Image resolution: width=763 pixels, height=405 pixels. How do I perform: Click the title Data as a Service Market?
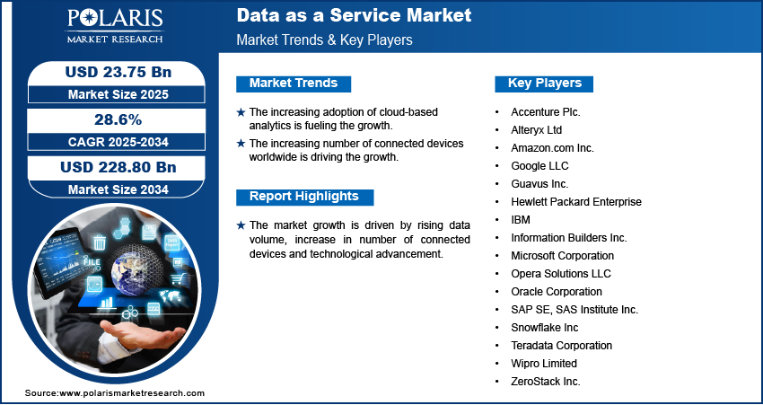point(354,16)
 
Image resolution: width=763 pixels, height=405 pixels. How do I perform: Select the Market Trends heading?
point(294,84)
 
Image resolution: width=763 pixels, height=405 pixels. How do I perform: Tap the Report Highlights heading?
point(304,197)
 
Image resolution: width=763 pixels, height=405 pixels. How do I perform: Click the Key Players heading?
point(545,84)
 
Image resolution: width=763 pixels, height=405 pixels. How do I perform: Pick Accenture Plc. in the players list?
point(546,112)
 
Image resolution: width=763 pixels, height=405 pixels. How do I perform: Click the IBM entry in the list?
point(521,220)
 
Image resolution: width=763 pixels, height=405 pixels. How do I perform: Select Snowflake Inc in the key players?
point(545,328)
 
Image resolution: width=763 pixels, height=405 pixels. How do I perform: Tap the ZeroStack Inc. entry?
point(546,382)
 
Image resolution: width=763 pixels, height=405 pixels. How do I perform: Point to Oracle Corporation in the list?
point(557,292)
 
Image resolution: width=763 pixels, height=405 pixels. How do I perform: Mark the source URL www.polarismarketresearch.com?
point(132,393)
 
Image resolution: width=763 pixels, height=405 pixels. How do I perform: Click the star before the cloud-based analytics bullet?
point(241,112)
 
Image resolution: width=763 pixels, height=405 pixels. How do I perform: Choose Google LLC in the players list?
point(539,166)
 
